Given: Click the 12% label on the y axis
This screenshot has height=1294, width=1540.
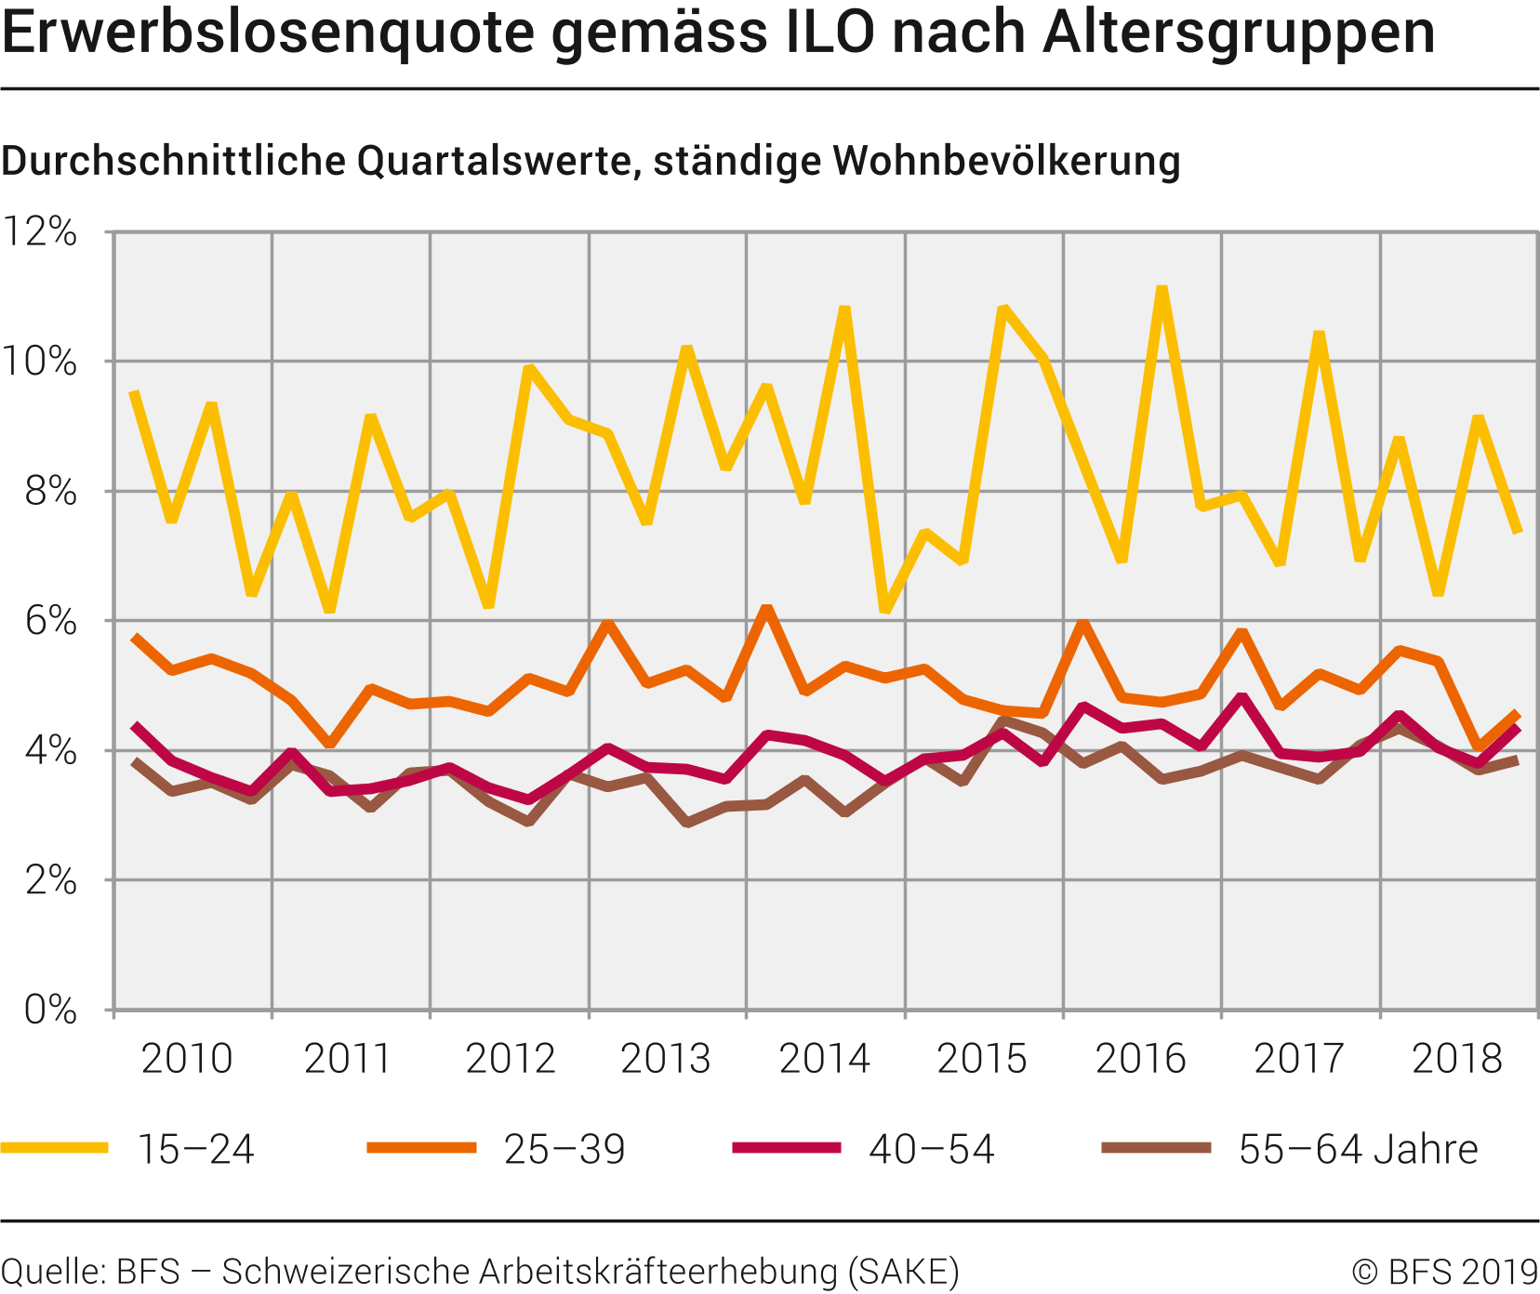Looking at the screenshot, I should coord(39,231).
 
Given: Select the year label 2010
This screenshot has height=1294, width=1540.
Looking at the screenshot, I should coord(186,1059).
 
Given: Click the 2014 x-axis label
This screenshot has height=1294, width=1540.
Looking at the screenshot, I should coord(824,1059).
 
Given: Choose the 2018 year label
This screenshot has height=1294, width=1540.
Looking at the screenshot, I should coord(1457,1059).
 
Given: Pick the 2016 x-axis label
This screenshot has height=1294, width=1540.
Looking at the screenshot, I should coord(1140,1059).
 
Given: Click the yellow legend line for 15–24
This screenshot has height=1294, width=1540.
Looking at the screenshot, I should coord(54,1148).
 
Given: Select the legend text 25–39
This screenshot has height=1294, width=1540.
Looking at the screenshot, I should coord(564,1150).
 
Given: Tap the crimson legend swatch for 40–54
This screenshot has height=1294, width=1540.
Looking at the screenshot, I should coord(786,1148).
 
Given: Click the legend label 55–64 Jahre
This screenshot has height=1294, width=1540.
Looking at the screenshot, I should coord(1358,1150).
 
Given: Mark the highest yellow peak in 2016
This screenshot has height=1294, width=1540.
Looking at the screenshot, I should coord(1162,289).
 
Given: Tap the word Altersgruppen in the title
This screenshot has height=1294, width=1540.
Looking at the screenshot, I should coord(1239,33).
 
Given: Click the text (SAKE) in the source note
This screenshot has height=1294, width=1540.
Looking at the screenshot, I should coord(903,1271).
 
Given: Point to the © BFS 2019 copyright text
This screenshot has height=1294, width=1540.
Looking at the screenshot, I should coord(1444,1271).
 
